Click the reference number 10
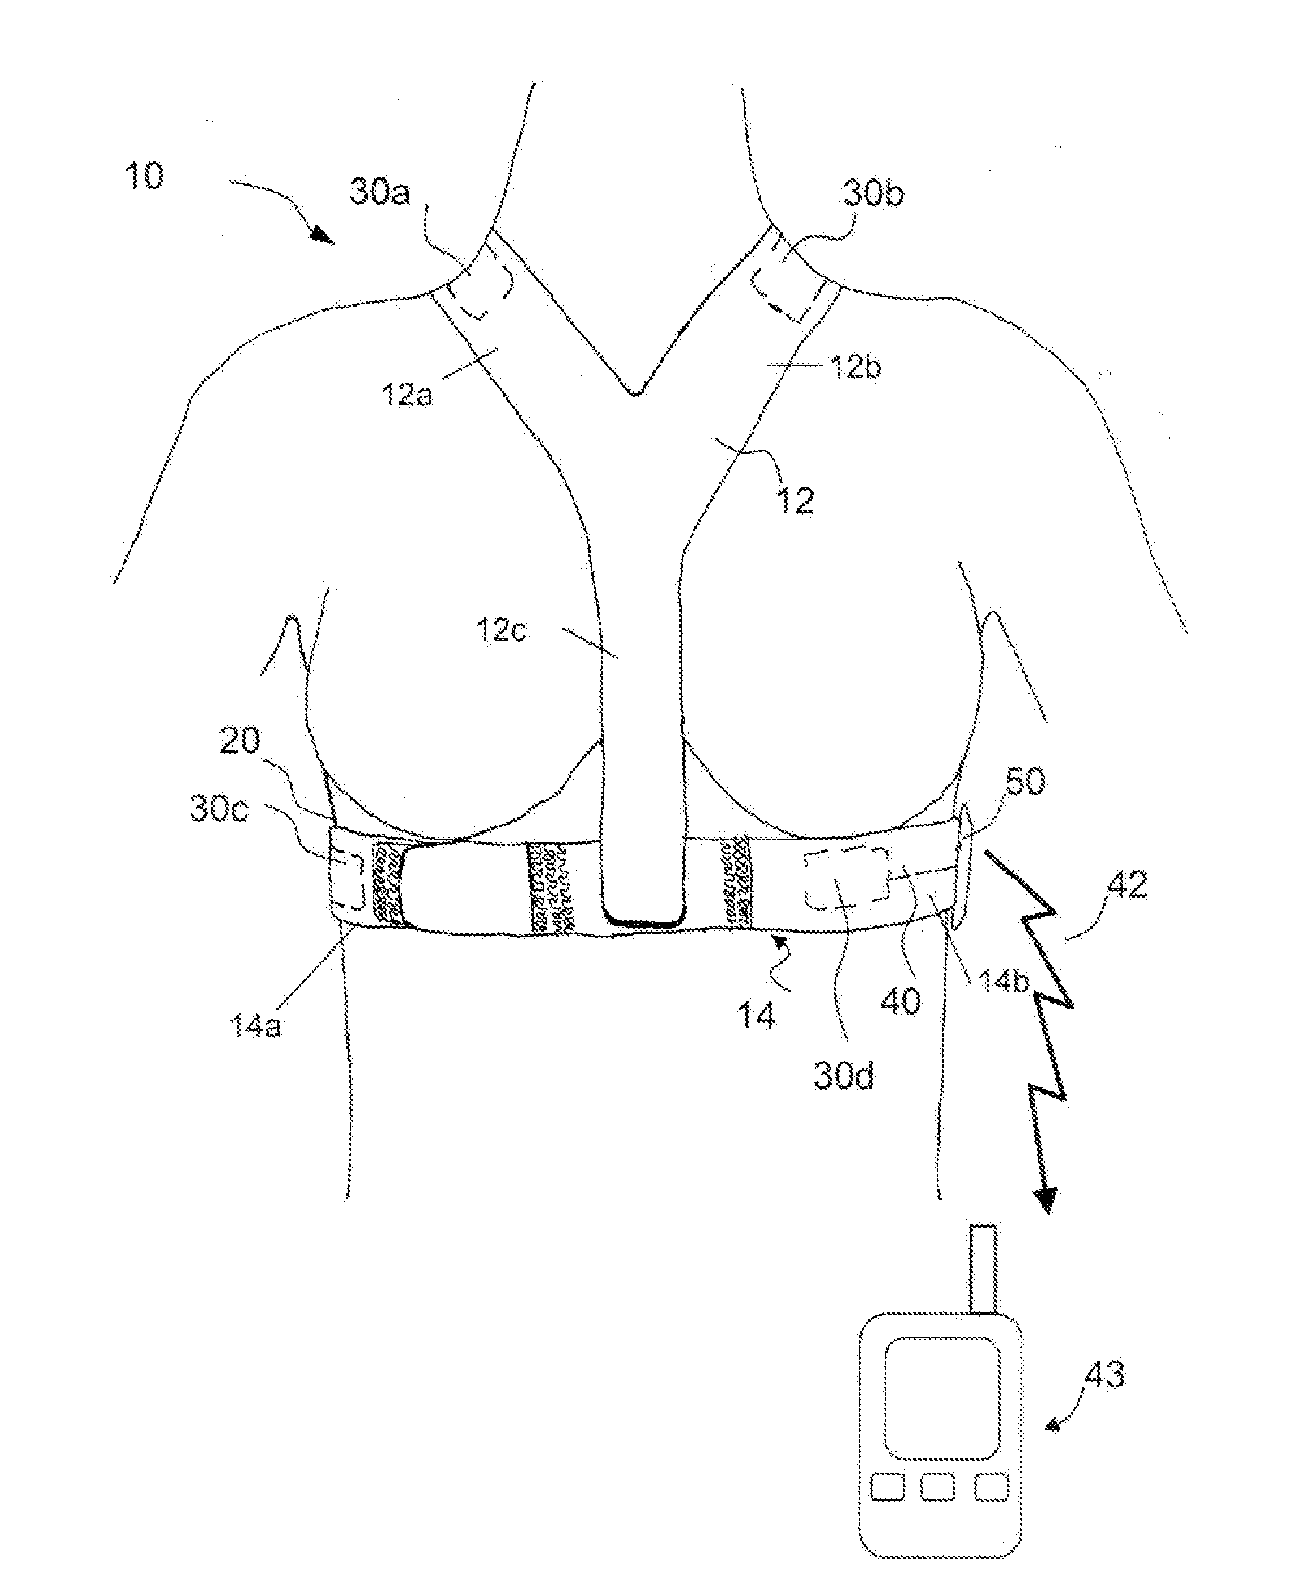[144, 176]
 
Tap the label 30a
[380, 193]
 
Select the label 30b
[873, 194]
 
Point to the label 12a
[408, 394]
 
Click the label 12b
[856, 367]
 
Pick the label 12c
[500, 629]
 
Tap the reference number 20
[239, 741]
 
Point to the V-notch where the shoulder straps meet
[636, 391]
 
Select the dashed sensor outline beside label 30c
[348, 880]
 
